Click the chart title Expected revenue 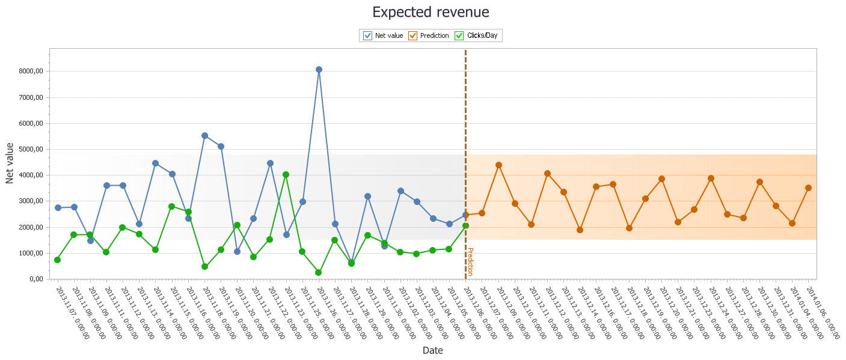pos(431,12)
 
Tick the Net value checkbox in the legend pos(368,35)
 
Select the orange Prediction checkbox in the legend pos(413,35)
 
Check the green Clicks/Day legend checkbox pos(459,35)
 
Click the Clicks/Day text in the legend pos(482,35)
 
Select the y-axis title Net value pos(10,163)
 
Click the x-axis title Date pos(432,350)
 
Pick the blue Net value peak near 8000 pos(319,70)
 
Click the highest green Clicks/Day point pos(286,175)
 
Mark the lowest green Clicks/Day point pos(319,272)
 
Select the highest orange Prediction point pos(498,165)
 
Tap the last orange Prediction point pos(809,188)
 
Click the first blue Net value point pos(58,208)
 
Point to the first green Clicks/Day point pos(57,260)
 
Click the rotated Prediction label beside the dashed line pos(470,261)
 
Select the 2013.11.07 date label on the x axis pos(72,313)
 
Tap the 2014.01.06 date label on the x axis pos(823,313)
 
